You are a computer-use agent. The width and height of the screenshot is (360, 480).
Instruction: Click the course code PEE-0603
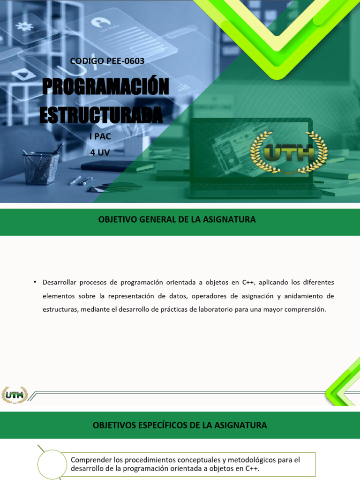pos(124,61)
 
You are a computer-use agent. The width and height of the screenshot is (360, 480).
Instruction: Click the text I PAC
pos(100,137)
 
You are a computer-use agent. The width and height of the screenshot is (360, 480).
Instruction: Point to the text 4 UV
pos(100,152)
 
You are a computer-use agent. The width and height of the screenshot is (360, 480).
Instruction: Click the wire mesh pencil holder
pos(41,167)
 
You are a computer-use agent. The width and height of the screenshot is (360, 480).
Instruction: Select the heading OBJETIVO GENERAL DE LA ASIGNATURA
pos(177,219)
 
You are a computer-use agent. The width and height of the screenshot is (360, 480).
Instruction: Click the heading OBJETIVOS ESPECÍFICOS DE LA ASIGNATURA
pos(180,425)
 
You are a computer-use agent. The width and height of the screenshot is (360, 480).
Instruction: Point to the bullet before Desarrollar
pos(35,281)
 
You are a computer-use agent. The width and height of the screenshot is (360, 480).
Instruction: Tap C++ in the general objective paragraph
pos(248,282)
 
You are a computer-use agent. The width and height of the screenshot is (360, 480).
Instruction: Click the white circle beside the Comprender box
pos(52,464)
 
